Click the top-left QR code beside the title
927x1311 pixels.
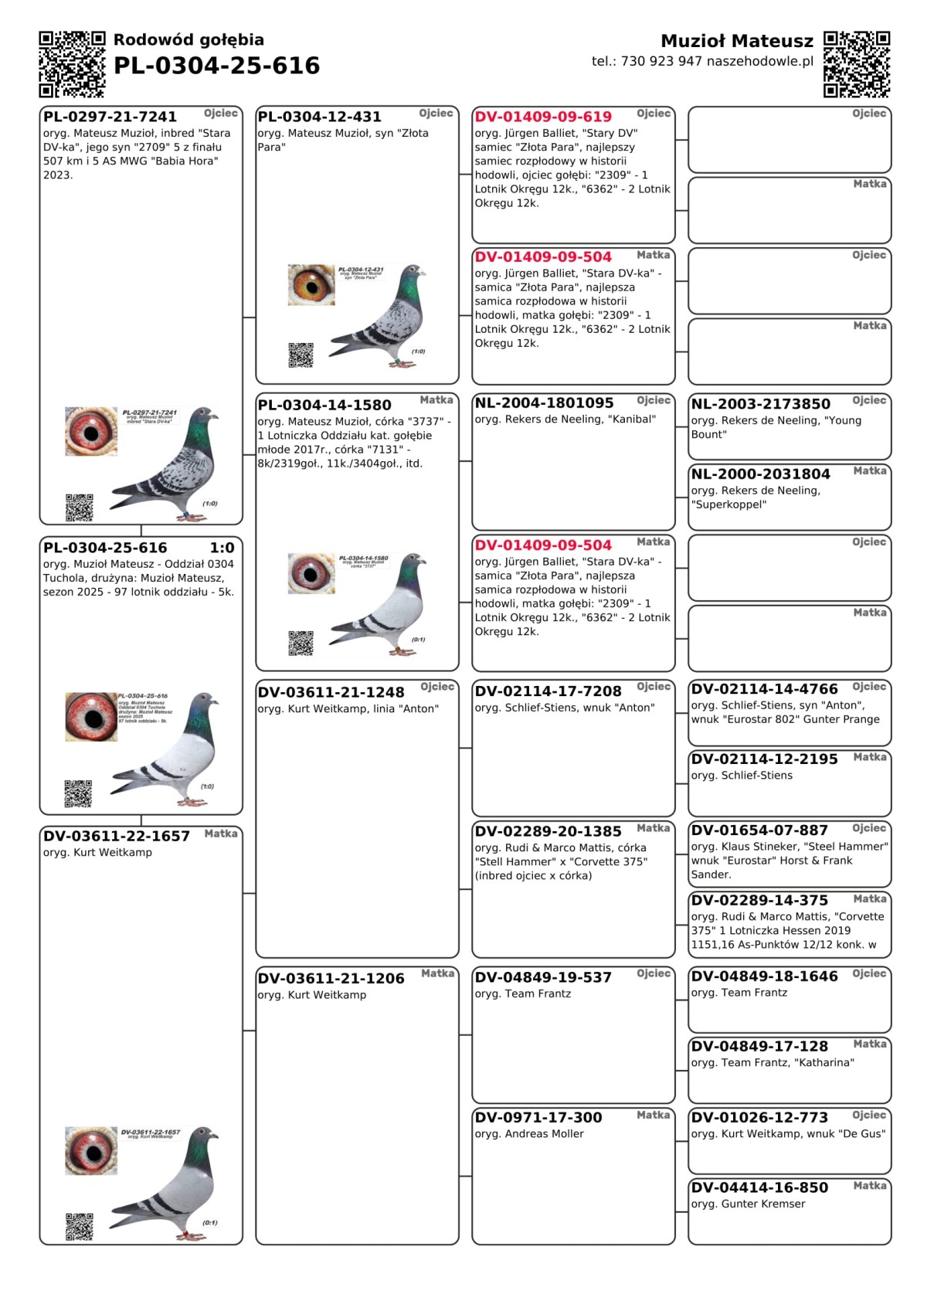[x=72, y=64]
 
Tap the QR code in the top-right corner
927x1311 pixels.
[x=857, y=64]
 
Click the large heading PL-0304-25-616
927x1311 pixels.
[x=216, y=66]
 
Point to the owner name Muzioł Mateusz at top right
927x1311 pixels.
[x=736, y=41]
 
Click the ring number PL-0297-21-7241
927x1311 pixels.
[x=110, y=117]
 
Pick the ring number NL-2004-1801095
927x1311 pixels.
[x=544, y=403]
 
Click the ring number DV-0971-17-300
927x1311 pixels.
[x=538, y=1118]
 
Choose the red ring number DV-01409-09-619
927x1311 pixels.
[x=543, y=117]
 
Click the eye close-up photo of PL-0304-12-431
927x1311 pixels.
[x=311, y=284]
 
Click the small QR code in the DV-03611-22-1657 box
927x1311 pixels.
[x=79, y=1226]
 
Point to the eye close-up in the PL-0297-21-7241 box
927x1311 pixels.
[x=91, y=431]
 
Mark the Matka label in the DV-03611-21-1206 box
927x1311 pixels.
[x=437, y=973]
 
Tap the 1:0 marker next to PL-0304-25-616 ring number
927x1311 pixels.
[x=222, y=548]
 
